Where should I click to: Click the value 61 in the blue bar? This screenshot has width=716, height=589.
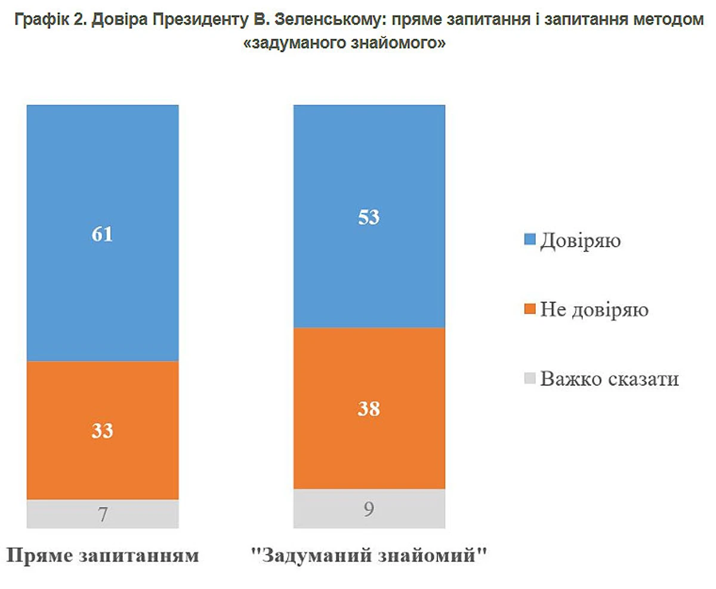tap(102, 234)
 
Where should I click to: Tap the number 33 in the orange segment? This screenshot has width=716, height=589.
tap(102, 431)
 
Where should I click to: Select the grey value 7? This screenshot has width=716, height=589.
tap(102, 514)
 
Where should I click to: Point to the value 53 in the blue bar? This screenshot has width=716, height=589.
tap(369, 217)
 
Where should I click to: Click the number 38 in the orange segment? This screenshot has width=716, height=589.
tap(369, 409)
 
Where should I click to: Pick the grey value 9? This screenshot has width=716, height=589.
tap(369, 510)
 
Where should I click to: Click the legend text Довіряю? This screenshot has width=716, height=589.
tap(581, 241)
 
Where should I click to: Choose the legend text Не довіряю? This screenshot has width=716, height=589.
tap(594, 310)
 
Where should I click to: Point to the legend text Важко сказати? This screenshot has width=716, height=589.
tap(609, 379)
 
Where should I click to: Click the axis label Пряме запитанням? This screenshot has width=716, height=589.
tap(102, 556)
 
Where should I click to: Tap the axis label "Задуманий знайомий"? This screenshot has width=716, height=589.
tap(369, 556)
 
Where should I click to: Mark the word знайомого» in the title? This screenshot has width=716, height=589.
tap(410, 44)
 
